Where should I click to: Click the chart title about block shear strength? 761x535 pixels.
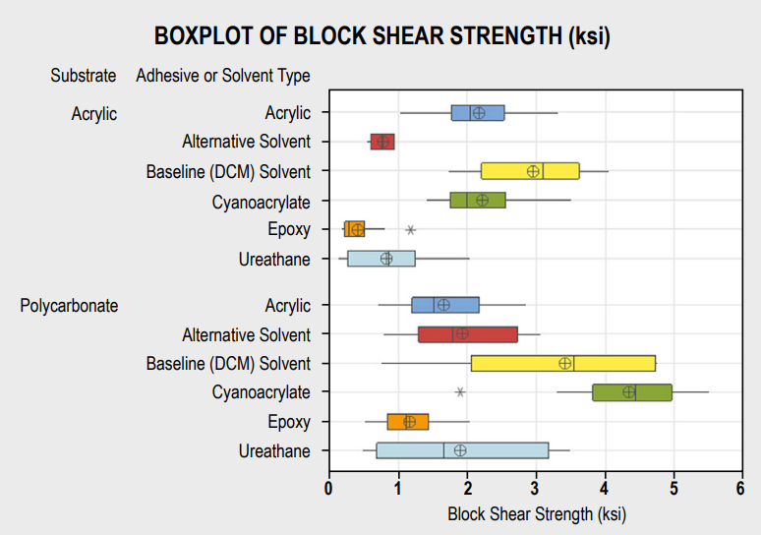coord(381,37)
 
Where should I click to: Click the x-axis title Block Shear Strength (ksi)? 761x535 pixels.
coord(536,513)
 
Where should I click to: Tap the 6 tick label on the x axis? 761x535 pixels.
coord(740,488)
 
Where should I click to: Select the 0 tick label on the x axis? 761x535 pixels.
coord(328,488)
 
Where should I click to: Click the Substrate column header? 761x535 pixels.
coord(84,76)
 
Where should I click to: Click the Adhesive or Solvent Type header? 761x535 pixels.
coord(223,76)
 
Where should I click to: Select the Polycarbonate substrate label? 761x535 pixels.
coord(69,306)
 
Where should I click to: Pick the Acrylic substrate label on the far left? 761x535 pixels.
coord(94,114)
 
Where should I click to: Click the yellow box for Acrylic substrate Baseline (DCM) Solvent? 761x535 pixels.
coord(530,171)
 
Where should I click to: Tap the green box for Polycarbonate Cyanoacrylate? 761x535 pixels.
coord(632,392)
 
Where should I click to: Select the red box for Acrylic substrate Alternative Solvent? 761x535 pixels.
coord(382,142)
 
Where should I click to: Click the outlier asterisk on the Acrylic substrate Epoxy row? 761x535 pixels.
coord(411,230)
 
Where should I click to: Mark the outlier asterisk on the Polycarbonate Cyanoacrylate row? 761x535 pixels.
coord(460,392)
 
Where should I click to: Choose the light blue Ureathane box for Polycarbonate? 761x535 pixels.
coord(462,450)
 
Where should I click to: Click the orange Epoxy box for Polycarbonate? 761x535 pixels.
coord(408,422)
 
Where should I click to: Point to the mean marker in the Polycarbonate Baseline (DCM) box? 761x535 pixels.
coord(565,363)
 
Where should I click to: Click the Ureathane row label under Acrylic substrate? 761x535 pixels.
coord(274,260)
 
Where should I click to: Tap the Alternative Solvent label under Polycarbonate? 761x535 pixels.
coord(246,335)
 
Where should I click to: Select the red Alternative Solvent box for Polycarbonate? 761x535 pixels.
coord(468,334)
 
